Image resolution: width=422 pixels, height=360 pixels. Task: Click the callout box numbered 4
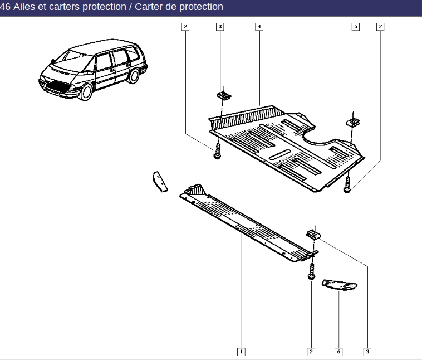tap(259, 27)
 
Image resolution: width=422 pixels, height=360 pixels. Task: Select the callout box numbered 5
tap(356, 27)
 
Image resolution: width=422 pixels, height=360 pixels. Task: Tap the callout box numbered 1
tap(241, 352)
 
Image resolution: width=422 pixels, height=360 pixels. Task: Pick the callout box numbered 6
tap(338, 352)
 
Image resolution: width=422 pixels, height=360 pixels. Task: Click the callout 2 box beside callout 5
tap(380, 27)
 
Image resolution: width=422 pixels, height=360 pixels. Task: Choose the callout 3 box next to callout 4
tap(220, 27)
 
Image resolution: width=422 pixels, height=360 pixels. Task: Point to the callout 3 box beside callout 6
tap(367, 352)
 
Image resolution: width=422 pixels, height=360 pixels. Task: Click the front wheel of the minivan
tap(86, 91)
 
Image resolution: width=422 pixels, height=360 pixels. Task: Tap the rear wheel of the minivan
tap(134, 76)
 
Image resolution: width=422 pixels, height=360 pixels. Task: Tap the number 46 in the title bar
tap(5, 7)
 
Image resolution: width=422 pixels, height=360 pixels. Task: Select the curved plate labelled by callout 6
tap(340, 285)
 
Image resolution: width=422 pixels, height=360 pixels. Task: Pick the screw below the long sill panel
tap(311, 271)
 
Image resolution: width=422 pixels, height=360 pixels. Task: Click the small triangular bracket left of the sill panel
tap(160, 182)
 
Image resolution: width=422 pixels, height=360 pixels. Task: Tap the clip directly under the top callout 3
tap(224, 95)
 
